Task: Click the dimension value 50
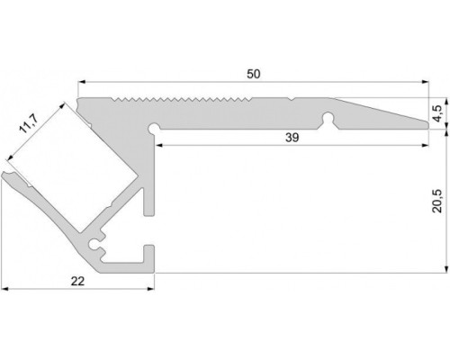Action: point(254,74)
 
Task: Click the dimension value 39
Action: point(292,138)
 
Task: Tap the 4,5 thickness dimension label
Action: point(437,113)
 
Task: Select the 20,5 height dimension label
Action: point(437,201)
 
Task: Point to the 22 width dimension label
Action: point(77,281)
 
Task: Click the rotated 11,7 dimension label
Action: point(28,124)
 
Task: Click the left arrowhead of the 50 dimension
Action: point(81,81)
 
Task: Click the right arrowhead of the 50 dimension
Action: point(425,81)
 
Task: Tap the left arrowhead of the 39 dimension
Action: point(159,146)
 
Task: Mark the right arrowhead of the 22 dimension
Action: point(150,289)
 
